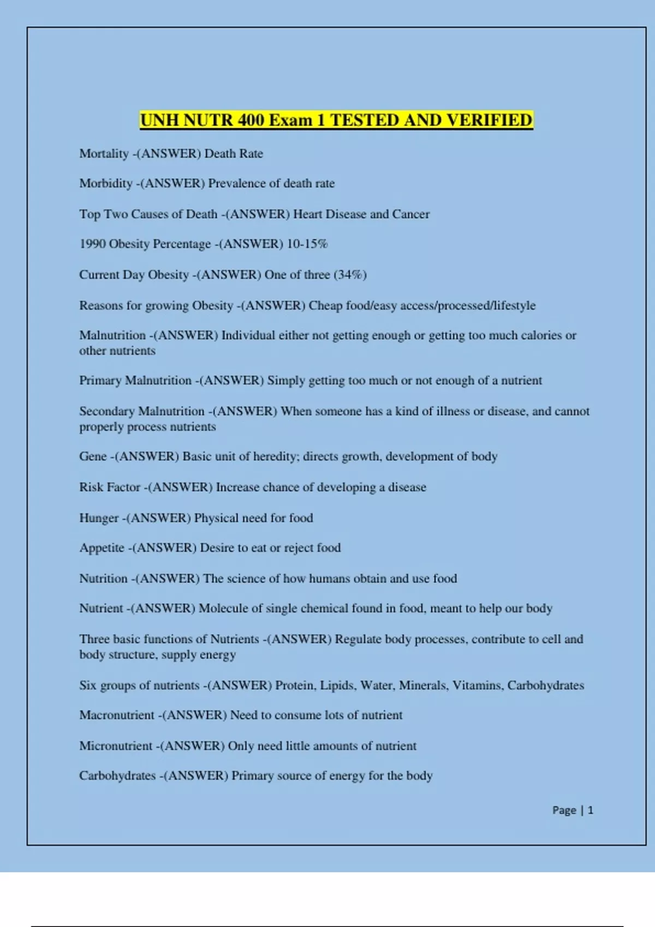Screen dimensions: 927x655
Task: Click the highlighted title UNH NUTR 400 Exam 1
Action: (x=336, y=120)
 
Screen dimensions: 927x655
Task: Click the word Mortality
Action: (x=104, y=154)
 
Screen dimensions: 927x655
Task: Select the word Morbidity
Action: (x=106, y=184)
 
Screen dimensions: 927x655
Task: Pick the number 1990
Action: (x=92, y=244)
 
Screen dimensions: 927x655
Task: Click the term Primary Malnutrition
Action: (x=135, y=381)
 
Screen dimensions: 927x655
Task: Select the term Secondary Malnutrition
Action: (x=142, y=411)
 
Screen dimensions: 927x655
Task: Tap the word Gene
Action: (x=93, y=456)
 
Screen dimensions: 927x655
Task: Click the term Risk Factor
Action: (x=110, y=487)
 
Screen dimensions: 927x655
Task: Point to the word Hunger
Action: (x=99, y=518)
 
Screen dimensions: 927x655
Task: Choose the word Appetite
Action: (x=102, y=548)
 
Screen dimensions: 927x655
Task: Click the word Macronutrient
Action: (x=117, y=715)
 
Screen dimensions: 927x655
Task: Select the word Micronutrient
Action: (x=116, y=746)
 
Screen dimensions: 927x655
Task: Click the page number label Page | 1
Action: (x=573, y=810)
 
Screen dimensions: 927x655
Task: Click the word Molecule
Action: (x=223, y=609)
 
